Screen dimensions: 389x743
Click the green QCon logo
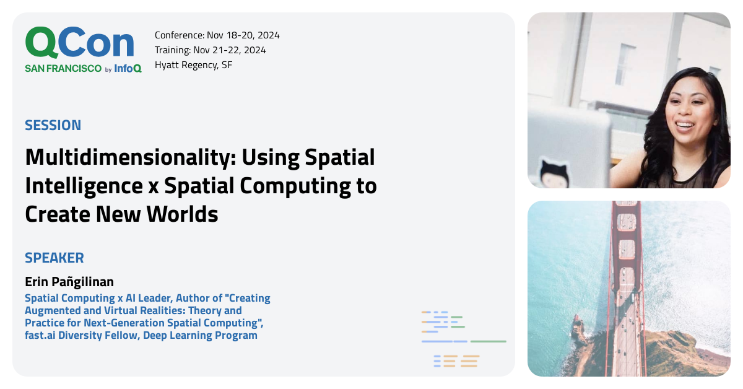79,43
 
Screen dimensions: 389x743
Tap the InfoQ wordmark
128,69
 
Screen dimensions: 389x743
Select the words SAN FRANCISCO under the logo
63,69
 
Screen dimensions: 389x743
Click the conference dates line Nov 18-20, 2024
217,35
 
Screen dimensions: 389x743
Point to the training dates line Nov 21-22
212,50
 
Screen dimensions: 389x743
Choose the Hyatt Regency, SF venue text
193,65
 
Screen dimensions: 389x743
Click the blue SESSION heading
53,125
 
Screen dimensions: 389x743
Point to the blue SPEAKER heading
54,258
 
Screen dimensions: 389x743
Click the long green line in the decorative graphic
488,341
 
